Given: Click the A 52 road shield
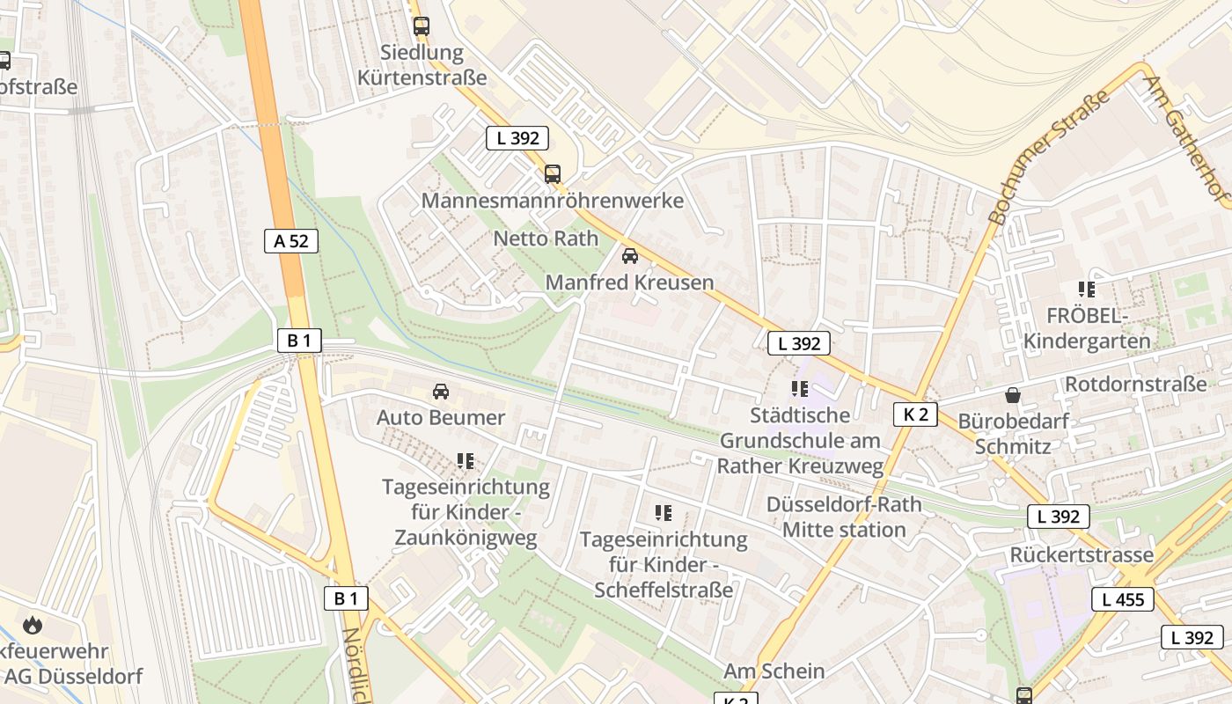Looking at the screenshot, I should [x=291, y=241].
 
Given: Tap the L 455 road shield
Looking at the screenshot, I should [x=1122, y=600].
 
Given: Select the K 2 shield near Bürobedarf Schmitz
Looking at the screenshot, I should [x=915, y=414].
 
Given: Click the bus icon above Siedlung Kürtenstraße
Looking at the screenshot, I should [x=422, y=26].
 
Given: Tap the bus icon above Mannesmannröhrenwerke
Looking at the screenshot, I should [x=553, y=174].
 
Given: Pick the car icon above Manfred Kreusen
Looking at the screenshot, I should [x=630, y=256].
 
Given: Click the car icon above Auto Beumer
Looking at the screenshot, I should [x=441, y=391].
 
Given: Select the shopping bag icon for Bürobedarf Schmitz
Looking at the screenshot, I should [x=1013, y=395].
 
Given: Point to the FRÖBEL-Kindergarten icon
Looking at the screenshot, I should [x=1087, y=289].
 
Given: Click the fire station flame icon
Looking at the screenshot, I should [x=33, y=626].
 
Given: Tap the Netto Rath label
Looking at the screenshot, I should [x=546, y=238].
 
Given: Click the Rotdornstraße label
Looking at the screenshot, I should [x=1135, y=385].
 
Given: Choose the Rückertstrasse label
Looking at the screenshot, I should [x=1082, y=555].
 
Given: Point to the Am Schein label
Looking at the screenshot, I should [x=774, y=671].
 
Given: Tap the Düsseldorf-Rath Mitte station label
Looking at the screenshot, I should [x=844, y=517].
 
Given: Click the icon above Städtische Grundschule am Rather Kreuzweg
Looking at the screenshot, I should [x=800, y=388].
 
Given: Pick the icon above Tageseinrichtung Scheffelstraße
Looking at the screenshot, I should [x=664, y=512].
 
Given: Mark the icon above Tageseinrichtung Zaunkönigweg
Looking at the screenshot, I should [x=466, y=460].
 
